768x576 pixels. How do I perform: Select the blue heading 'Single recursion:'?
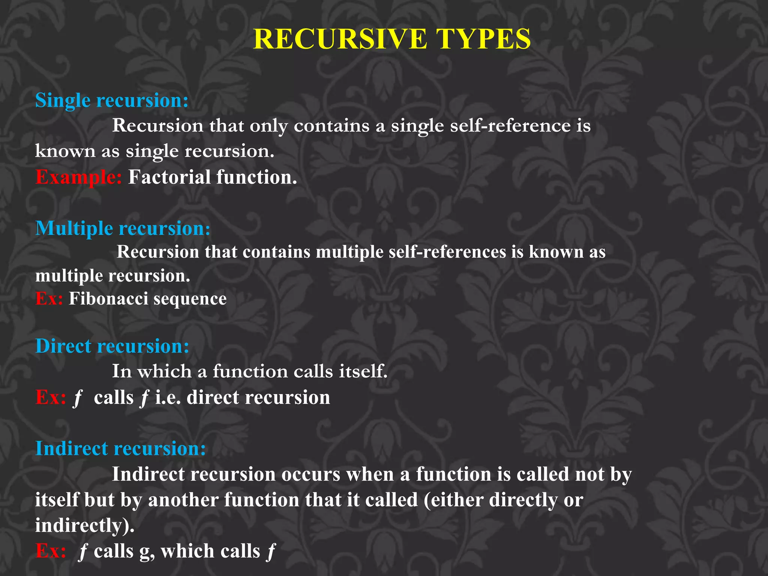coord(112,100)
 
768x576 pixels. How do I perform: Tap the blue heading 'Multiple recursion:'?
coord(123,228)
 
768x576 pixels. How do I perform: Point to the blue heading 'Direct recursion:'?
coord(112,346)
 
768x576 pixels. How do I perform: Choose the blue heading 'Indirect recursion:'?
coord(120,448)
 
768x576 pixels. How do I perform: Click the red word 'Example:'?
coord(78,177)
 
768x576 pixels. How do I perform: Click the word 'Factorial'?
coord(169,177)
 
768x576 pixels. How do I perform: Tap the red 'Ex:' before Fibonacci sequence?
coord(49,299)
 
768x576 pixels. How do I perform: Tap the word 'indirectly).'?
coord(85,525)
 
